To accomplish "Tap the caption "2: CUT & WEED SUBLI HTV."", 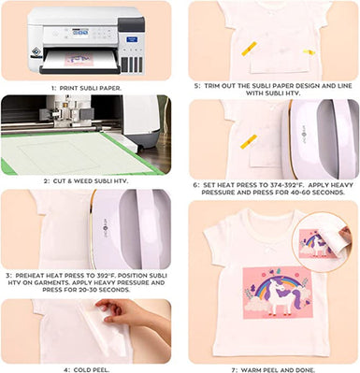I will pyautogui.click(x=86, y=181).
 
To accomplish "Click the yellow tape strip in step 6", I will pyautogui.click(x=248, y=140).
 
